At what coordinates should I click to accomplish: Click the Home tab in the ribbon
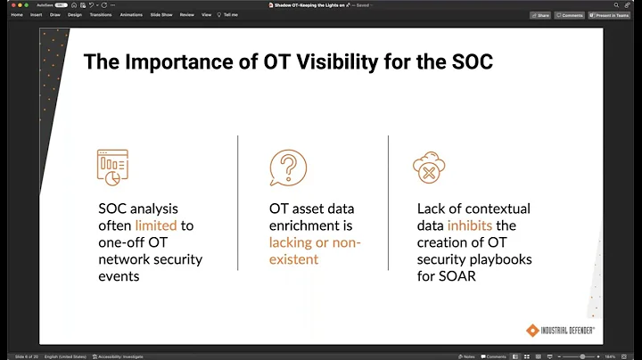16,15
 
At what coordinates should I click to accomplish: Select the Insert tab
36,15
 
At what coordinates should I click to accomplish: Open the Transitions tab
101,15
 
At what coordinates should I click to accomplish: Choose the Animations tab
131,15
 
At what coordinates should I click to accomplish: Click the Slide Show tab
161,15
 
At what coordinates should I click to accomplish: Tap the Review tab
186,15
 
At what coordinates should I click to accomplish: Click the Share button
540,15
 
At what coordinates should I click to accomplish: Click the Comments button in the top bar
570,15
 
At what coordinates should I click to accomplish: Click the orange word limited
156,225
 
